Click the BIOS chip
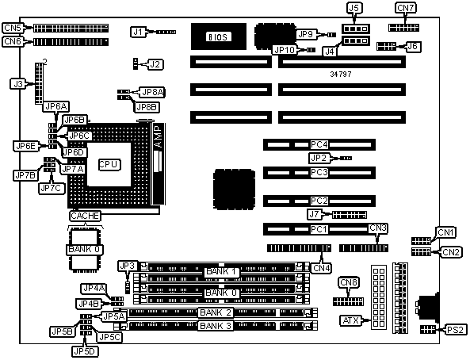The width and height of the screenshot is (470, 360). click(219, 36)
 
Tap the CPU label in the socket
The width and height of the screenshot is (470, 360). click(109, 165)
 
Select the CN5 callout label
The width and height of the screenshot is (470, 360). click(13, 28)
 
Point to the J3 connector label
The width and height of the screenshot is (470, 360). click(18, 84)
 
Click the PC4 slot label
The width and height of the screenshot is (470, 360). click(319, 144)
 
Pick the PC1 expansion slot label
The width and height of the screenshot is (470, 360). click(319, 229)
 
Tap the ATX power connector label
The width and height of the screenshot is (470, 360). click(350, 320)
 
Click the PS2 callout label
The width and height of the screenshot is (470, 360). click(455, 330)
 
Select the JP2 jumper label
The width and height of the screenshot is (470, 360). click(319, 158)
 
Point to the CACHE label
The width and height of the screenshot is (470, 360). click(85, 216)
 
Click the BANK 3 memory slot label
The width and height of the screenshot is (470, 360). click(216, 326)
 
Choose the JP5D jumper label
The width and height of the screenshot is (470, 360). click(86, 351)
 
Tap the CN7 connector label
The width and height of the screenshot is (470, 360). click(406, 8)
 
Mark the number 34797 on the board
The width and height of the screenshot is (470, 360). click(341, 74)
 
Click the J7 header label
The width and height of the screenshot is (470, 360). click(314, 214)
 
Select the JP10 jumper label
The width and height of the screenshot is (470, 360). click(285, 50)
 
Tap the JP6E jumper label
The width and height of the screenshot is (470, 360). click(26, 146)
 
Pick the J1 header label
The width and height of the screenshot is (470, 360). click(138, 32)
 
